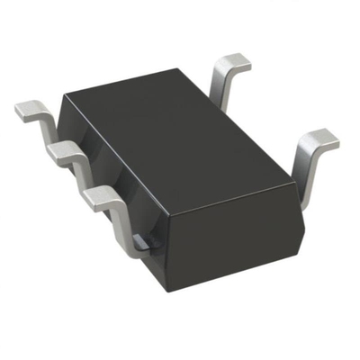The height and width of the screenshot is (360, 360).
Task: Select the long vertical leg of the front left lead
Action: (119, 220)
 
